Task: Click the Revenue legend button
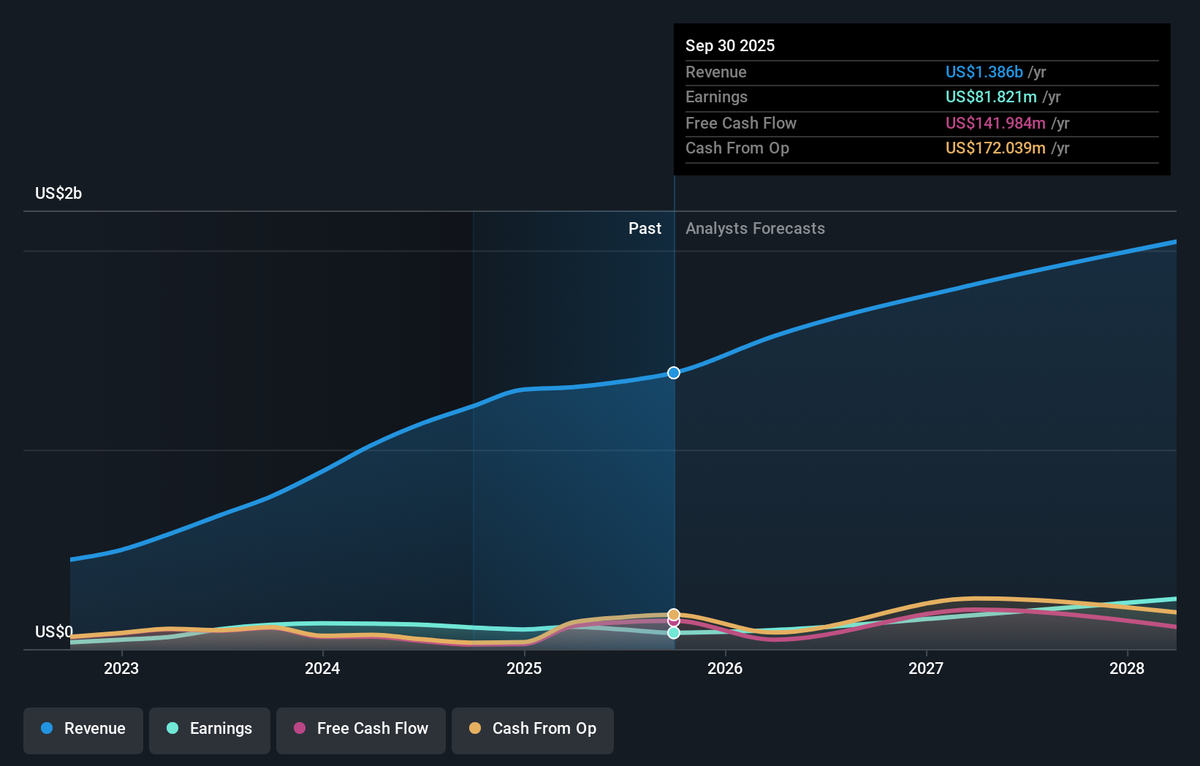point(83,729)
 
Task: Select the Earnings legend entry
point(210,729)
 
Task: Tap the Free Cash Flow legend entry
point(361,729)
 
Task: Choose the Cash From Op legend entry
point(533,729)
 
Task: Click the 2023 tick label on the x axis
point(121,668)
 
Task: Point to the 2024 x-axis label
point(322,668)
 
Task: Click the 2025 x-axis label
point(524,668)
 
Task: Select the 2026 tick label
point(725,668)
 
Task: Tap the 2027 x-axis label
point(926,668)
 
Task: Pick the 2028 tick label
point(1127,668)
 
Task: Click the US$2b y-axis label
point(58,194)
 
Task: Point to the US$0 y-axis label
point(54,632)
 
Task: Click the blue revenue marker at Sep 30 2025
point(674,373)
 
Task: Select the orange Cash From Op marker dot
point(674,615)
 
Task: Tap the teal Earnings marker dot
point(674,633)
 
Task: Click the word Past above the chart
point(645,229)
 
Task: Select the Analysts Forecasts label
point(755,229)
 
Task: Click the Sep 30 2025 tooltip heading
point(730,46)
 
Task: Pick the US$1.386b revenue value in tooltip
point(984,72)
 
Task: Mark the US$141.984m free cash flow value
point(995,124)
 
